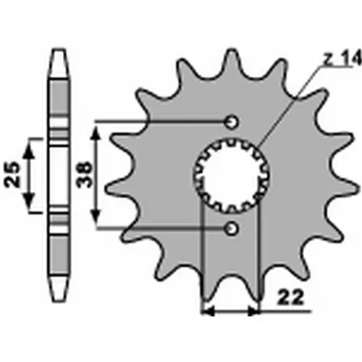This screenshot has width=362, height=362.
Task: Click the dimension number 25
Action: (12, 174)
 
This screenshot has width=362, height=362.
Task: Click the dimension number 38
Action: (84, 174)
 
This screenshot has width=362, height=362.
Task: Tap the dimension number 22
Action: (290, 298)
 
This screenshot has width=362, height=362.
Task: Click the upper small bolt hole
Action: (232, 122)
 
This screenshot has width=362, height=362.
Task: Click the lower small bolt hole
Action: (232, 228)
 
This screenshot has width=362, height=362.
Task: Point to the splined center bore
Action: (231, 175)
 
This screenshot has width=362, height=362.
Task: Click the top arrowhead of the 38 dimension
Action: (96, 132)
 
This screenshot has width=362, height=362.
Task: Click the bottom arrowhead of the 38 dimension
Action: (96, 217)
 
